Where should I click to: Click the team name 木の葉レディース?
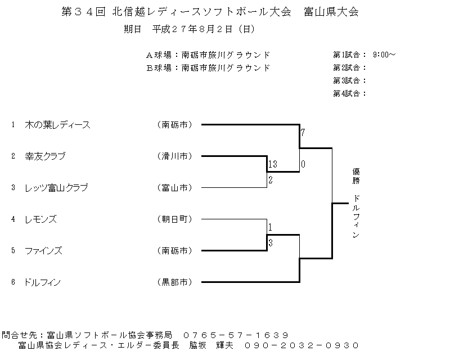(x=57, y=125)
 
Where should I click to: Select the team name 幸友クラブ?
(x=45, y=156)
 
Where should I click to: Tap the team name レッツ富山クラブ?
(x=56, y=188)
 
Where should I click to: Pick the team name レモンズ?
(x=40, y=219)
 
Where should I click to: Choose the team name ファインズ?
(x=43, y=251)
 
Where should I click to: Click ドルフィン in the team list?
(x=42, y=282)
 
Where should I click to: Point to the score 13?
(x=273, y=164)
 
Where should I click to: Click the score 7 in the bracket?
(x=303, y=133)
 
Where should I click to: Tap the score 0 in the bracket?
(x=303, y=164)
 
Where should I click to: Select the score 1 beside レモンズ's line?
(x=270, y=227)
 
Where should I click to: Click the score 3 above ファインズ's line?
(x=271, y=243)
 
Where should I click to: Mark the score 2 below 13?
(x=271, y=180)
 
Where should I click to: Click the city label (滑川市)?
(x=175, y=156)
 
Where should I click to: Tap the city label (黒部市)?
(x=175, y=282)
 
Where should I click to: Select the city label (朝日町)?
(x=175, y=219)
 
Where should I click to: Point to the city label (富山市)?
(x=175, y=188)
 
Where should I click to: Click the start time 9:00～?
(x=384, y=55)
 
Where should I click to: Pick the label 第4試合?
(x=346, y=93)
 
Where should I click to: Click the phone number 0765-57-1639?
(x=236, y=335)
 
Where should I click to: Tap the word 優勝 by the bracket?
(x=356, y=176)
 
